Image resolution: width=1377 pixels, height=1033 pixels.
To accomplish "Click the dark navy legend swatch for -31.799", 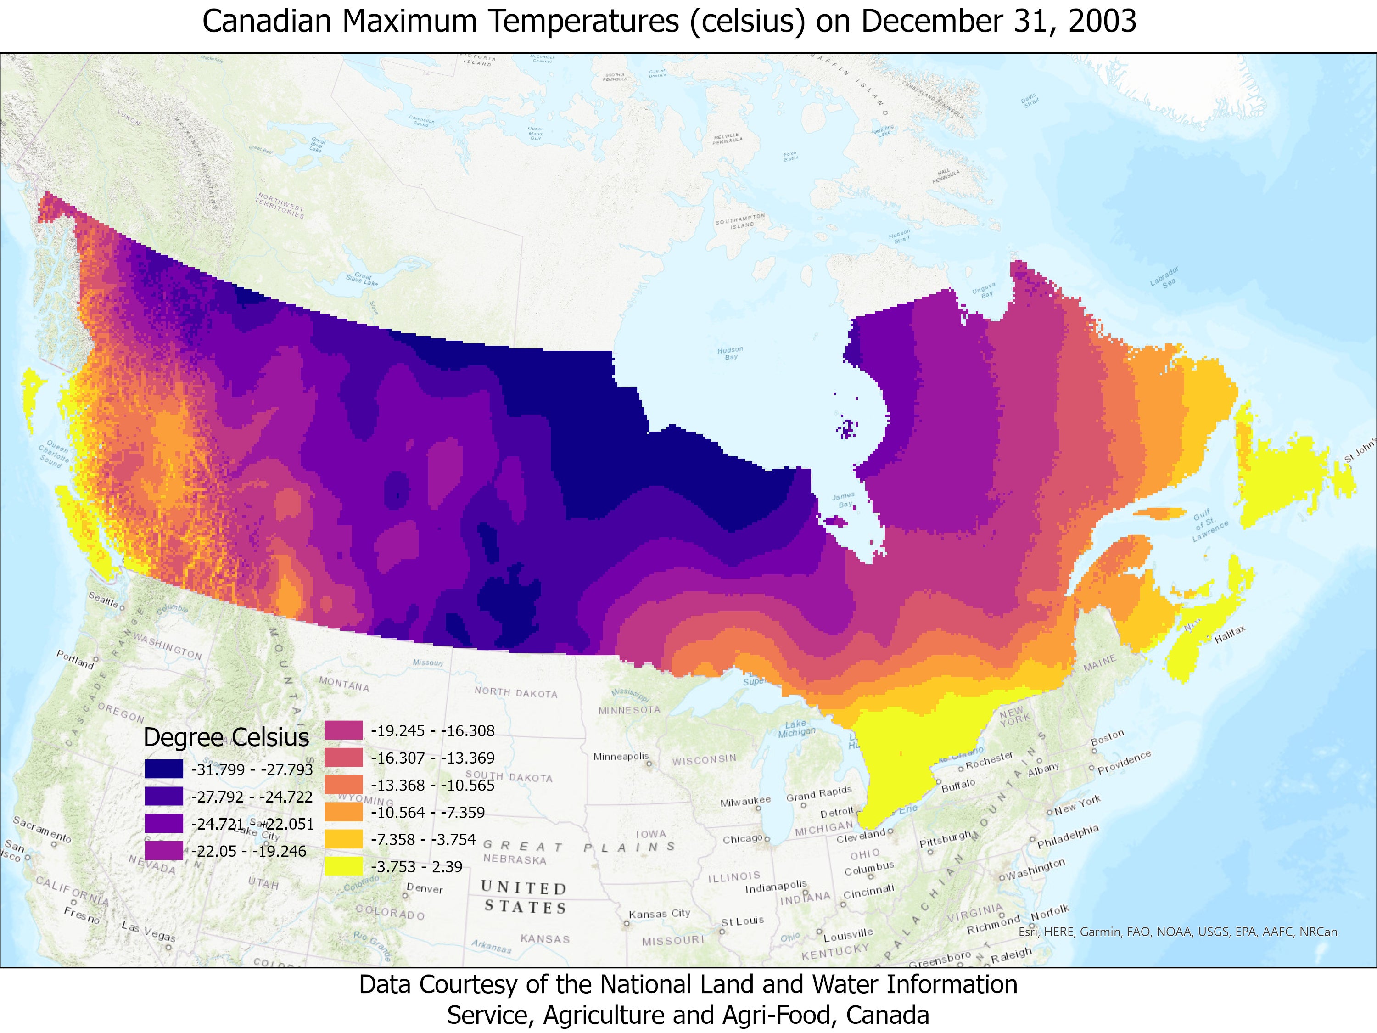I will pyautogui.click(x=164, y=769).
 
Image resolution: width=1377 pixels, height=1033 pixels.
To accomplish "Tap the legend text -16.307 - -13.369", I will pyautogui.click(x=433, y=758).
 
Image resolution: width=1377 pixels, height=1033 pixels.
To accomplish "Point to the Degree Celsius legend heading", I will pyautogui.click(x=226, y=737).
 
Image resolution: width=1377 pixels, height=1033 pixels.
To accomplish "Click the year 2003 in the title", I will pyautogui.click(x=1102, y=21).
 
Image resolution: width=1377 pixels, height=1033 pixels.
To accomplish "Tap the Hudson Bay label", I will pyautogui.click(x=730, y=353).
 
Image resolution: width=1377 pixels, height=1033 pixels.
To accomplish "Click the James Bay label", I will pyautogui.click(x=844, y=500).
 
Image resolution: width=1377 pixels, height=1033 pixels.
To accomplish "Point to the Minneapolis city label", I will pyautogui.click(x=621, y=757).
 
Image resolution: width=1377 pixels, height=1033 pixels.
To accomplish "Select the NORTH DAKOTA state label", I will pyautogui.click(x=515, y=692).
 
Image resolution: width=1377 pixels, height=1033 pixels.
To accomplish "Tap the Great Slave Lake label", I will pyautogui.click(x=362, y=280).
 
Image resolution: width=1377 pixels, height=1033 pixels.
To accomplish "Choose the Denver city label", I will pyautogui.click(x=425, y=888).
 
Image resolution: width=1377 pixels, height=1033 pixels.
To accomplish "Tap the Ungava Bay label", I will pyautogui.click(x=984, y=291).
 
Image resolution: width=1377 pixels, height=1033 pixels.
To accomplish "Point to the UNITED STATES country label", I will pyautogui.click(x=524, y=897).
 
